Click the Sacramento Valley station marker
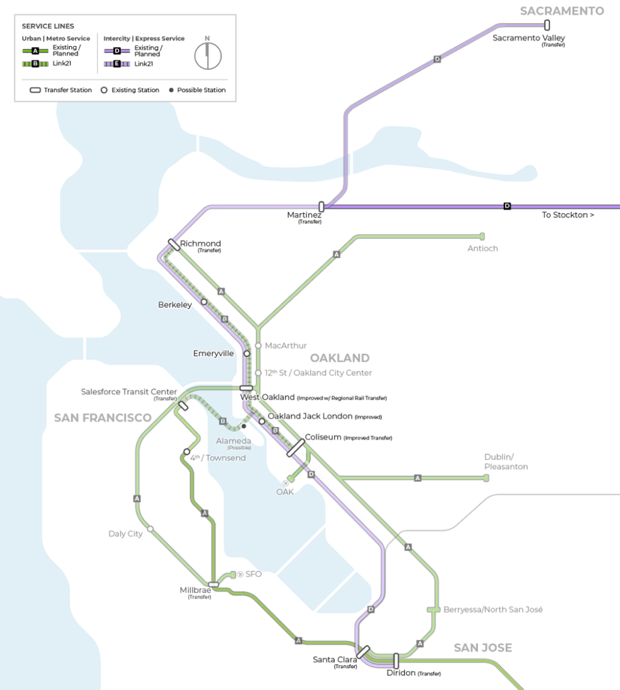547,25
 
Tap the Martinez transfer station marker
321,206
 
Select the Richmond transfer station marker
174,245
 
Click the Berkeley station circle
204,301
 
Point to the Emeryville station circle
247,354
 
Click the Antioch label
482,249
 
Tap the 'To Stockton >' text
568,215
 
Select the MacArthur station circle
258,346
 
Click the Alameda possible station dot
244,426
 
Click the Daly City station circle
150,529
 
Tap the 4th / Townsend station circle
186,452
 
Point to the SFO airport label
253,574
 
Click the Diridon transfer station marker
396,660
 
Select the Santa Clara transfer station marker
362,652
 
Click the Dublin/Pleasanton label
506,462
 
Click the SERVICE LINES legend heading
48,26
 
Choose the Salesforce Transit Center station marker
182,406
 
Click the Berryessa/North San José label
493,610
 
